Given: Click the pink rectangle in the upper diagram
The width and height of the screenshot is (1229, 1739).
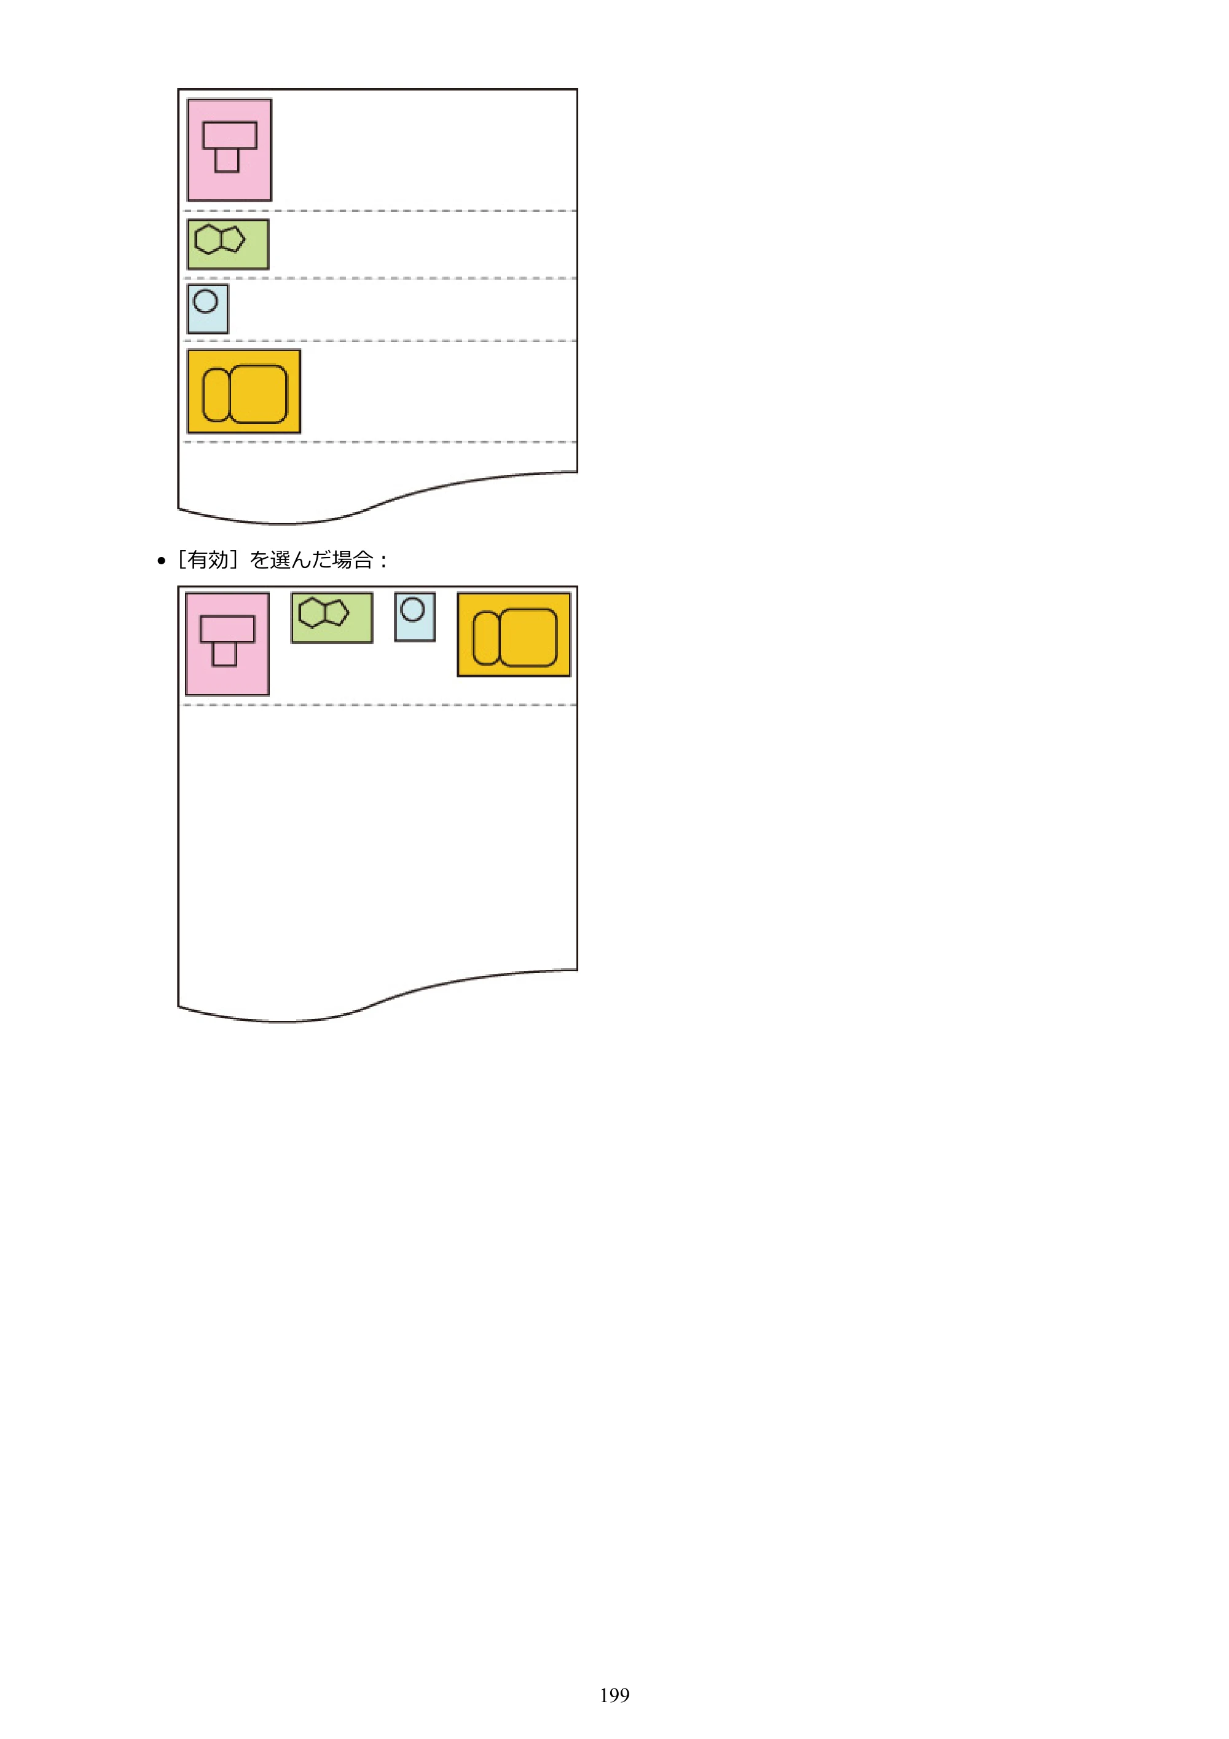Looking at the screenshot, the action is [229, 150].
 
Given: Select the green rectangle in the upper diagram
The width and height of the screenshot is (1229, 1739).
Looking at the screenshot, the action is [228, 245].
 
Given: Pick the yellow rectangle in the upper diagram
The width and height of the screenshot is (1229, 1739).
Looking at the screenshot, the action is [244, 392].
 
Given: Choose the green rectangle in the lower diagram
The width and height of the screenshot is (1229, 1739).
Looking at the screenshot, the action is [332, 618].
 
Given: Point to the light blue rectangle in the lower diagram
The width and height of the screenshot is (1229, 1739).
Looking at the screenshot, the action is [415, 617].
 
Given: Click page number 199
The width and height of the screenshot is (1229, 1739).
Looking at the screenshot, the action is [614, 1695].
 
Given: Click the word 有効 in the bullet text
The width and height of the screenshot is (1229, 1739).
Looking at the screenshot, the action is [208, 560].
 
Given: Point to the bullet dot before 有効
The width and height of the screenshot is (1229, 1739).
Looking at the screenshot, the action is [161, 561].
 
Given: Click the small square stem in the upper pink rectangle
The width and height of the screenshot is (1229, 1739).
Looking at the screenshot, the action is [227, 160].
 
